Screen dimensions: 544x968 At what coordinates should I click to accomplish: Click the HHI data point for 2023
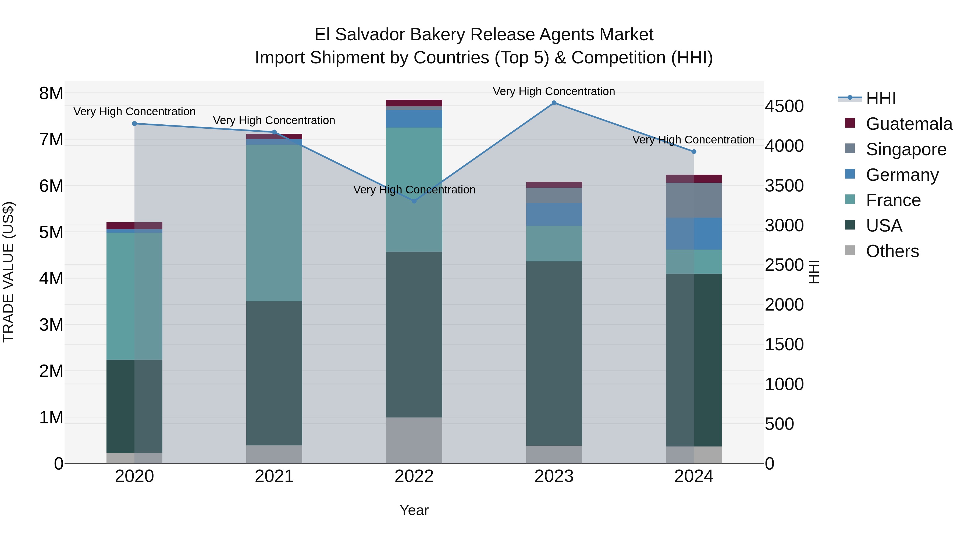[x=554, y=103]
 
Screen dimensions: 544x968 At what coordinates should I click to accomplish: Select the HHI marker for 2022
[x=414, y=201]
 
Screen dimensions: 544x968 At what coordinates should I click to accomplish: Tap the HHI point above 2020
[x=134, y=124]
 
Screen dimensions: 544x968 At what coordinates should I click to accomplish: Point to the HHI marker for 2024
[x=694, y=152]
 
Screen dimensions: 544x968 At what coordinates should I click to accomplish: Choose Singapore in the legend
[x=906, y=149]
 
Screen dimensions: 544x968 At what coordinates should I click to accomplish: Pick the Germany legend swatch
[x=850, y=174]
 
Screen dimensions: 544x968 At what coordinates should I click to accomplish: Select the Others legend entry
[x=892, y=251]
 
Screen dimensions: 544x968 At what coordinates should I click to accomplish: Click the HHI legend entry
[x=880, y=98]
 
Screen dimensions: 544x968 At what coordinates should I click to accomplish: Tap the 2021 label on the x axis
[x=274, y=476]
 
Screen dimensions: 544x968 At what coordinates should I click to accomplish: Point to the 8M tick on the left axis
[x=51, y=93]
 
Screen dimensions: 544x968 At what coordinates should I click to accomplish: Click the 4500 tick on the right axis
[x=784, y=106]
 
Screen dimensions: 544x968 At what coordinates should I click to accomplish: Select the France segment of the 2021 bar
[x=274, y=223]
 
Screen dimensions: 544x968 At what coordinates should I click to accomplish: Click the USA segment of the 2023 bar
[x=554, y=353]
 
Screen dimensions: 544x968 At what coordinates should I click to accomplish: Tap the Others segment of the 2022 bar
[x=414, y=440]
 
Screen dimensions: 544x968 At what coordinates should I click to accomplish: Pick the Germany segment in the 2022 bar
[x=414, y=119]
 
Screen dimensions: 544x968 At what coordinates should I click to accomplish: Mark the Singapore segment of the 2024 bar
[x=694, y=200]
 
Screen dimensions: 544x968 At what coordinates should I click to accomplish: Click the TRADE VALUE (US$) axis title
[x=8, y=272]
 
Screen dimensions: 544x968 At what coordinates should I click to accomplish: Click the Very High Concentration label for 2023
[x=554, y=91]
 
